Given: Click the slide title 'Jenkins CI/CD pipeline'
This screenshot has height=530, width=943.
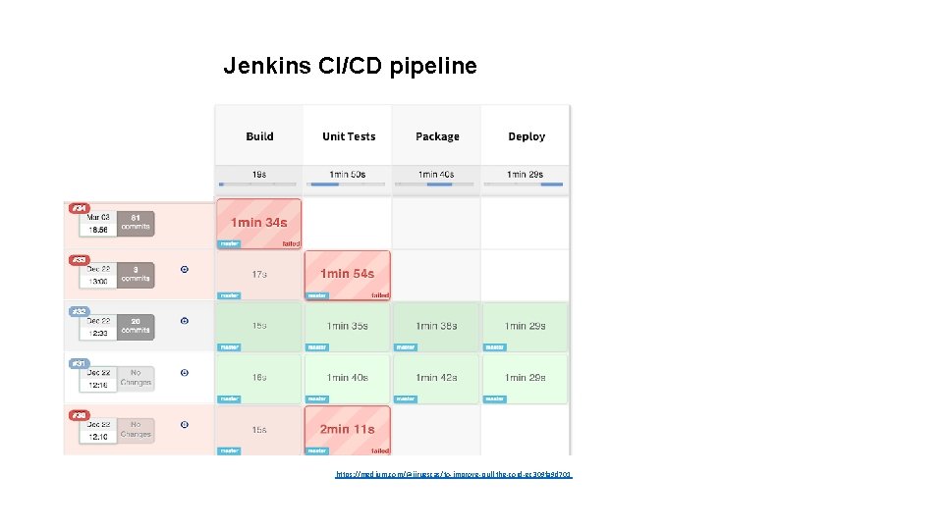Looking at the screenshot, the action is tap(350, 66).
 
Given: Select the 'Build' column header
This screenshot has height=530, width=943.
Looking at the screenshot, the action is tap(259, 136).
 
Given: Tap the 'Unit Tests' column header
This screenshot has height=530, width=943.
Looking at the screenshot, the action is tap(349, 136).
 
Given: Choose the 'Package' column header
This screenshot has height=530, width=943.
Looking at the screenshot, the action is tap(437, 136).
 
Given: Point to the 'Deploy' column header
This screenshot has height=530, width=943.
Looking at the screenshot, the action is tap(527, 136).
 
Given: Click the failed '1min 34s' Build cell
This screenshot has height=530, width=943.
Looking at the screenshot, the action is tap(259, 223).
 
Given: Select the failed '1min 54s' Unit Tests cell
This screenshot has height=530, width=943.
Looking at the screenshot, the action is tap(347, 274).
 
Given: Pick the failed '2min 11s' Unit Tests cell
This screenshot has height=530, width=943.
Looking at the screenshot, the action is tap(347, 430).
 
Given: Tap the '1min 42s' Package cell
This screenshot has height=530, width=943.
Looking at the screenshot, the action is tap(436, 378).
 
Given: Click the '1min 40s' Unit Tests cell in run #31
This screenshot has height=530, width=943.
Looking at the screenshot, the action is tap(347, 378).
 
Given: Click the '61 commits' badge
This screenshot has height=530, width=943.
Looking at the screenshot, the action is tap(136, 223).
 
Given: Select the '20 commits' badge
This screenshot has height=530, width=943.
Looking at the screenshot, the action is tap(136, 326).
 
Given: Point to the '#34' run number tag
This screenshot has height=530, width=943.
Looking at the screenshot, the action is tap(79, 208).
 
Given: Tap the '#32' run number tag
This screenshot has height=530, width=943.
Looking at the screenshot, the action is tap(79, 311).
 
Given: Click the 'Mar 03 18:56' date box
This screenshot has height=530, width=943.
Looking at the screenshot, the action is tap(97, 224).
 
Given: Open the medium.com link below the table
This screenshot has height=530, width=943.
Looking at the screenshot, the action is tap(453, 474).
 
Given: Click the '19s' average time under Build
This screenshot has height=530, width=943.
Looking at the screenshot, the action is tap(259, 174).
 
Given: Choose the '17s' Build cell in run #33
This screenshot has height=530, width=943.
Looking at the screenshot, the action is tap(259, 274).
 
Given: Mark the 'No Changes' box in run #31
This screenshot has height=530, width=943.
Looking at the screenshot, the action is tap(136, 378).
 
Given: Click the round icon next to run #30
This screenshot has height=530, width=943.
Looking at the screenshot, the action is tap(185, 424).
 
